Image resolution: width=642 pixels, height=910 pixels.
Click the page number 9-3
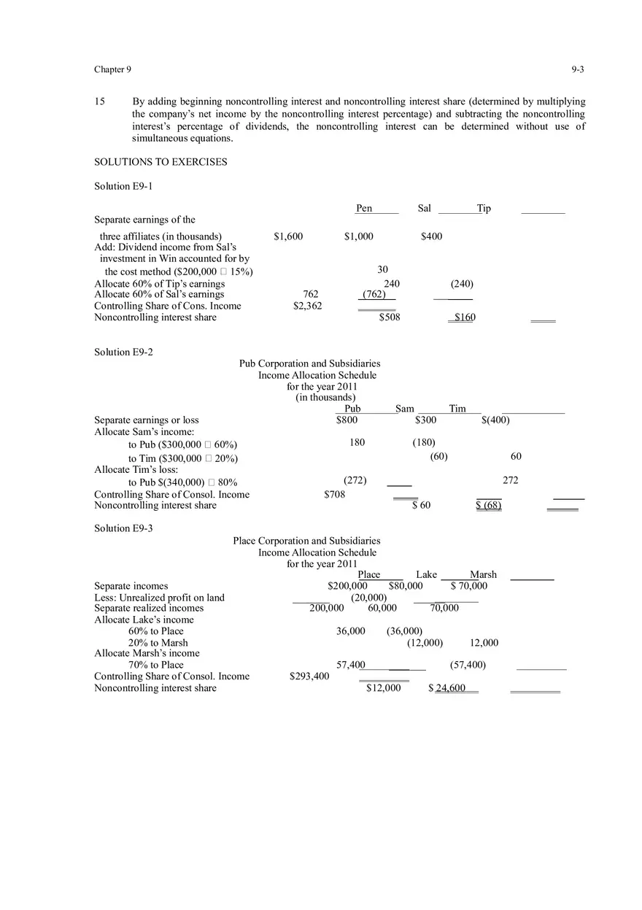point(578,70)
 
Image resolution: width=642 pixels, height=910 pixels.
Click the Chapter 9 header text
point(113,70)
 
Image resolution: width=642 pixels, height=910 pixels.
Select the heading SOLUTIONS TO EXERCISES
point(160,162)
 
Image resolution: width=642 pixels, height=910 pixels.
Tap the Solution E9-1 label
point(123,186)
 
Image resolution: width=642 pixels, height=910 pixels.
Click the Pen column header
point(364,209)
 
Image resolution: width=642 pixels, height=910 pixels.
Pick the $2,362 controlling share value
point(307,306)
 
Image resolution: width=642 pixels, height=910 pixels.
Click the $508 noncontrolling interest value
point(390,317)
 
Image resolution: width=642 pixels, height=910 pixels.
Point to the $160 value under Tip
point(464,317)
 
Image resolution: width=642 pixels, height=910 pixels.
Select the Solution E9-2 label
point(123,352)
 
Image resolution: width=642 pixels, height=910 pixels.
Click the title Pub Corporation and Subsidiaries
point(309,363)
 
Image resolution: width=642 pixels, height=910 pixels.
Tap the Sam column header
point(404,409)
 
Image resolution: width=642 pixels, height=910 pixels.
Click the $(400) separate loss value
point(495,420)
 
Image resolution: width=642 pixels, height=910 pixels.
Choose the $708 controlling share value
point(334,495)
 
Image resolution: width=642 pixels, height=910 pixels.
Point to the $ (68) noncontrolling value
point(488,506)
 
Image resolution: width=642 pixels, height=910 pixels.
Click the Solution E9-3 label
point(123,528)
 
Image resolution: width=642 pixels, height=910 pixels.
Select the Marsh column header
point(483,575)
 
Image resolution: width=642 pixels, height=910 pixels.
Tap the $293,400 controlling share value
point(309,676)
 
